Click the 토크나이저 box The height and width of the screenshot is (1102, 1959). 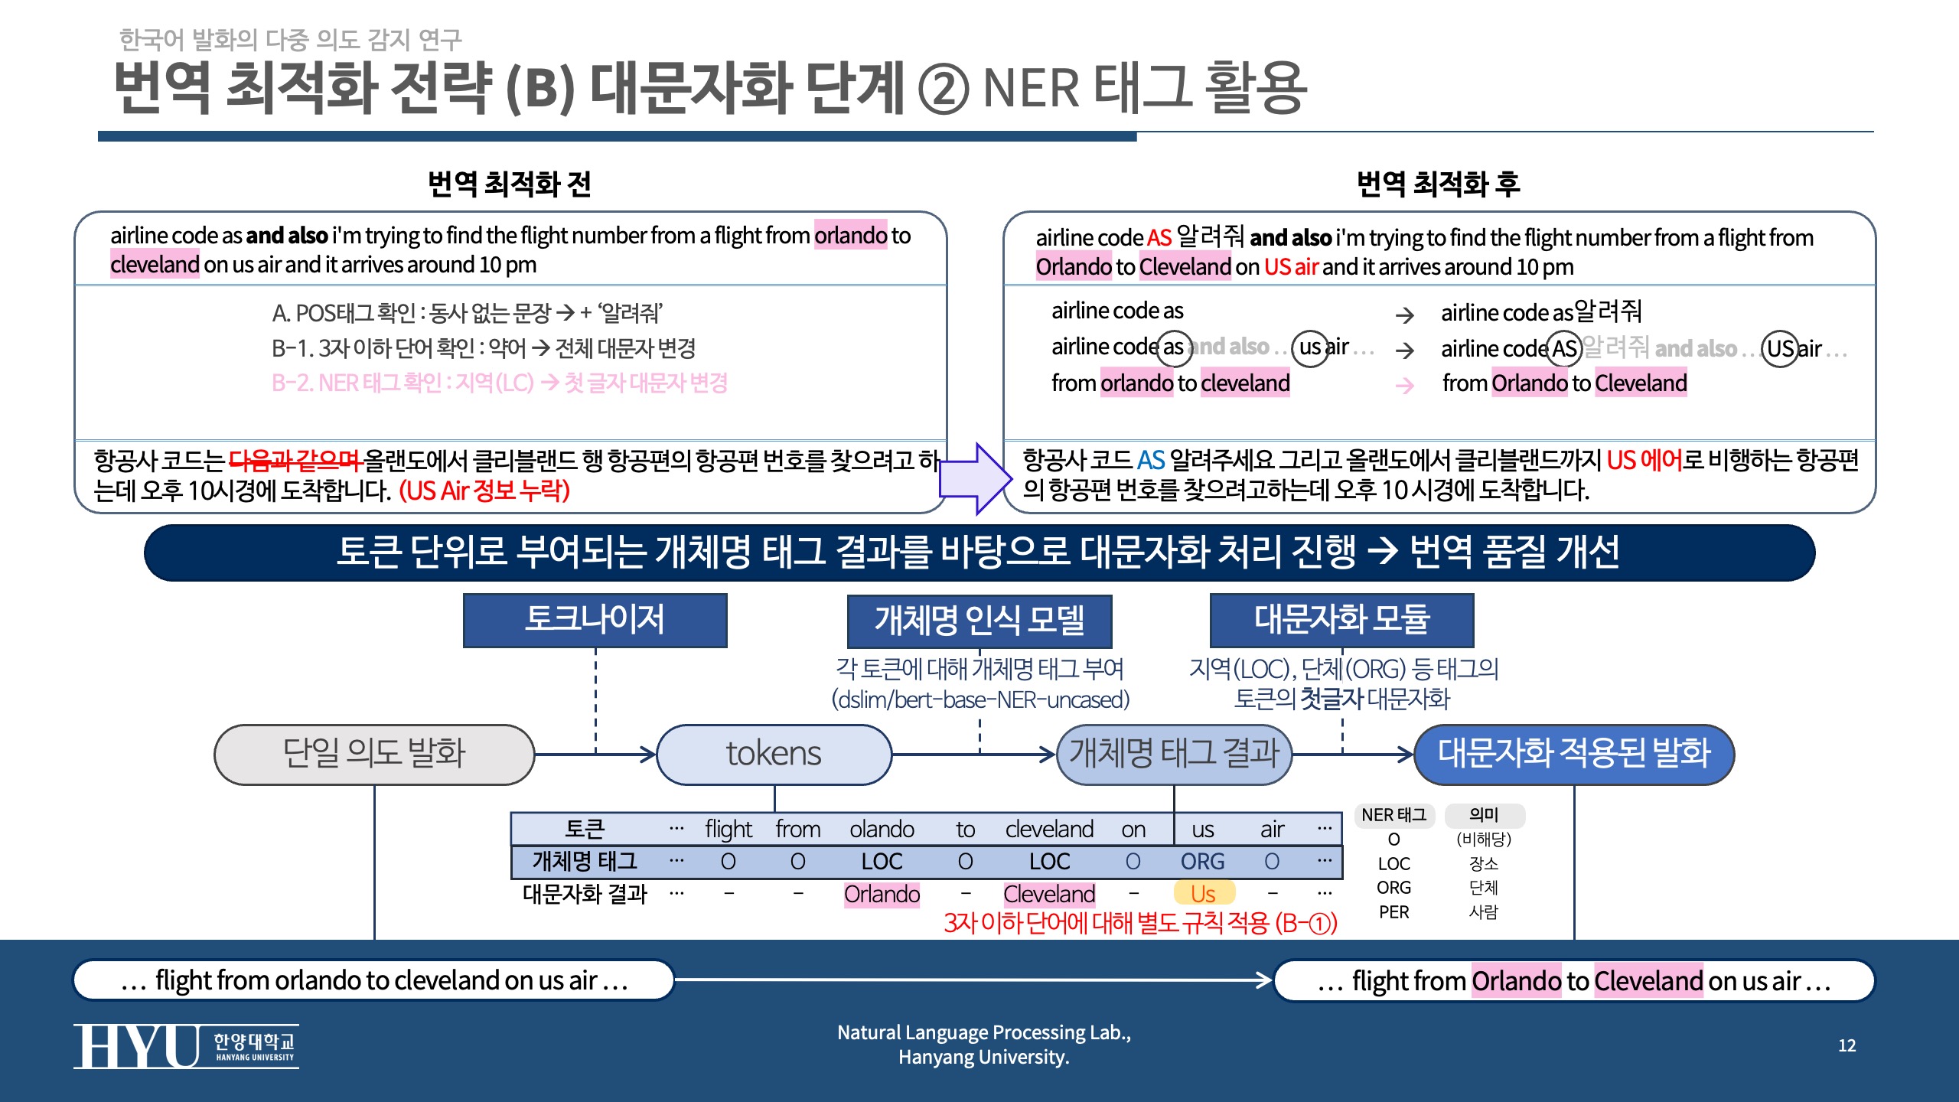595,620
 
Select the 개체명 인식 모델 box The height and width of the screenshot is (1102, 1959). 979,621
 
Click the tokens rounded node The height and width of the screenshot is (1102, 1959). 774,754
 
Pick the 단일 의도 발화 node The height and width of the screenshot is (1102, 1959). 374,754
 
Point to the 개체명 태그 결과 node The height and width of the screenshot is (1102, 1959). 1174,754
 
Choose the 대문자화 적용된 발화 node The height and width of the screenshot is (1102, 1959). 1574,754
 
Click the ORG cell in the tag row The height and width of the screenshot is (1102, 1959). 1202,862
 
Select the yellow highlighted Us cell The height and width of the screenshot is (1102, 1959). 1203,894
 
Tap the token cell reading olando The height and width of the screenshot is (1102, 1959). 882,830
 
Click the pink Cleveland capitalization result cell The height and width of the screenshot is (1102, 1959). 1049,894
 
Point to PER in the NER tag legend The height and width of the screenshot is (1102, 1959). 1393,912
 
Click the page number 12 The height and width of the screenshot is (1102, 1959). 1847,1045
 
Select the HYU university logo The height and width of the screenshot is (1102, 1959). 186,1045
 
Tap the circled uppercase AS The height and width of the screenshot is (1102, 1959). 1565,350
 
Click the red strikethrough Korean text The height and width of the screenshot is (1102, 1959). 295,461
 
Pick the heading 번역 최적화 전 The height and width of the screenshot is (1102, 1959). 509,184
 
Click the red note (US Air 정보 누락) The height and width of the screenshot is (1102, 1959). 484,491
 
